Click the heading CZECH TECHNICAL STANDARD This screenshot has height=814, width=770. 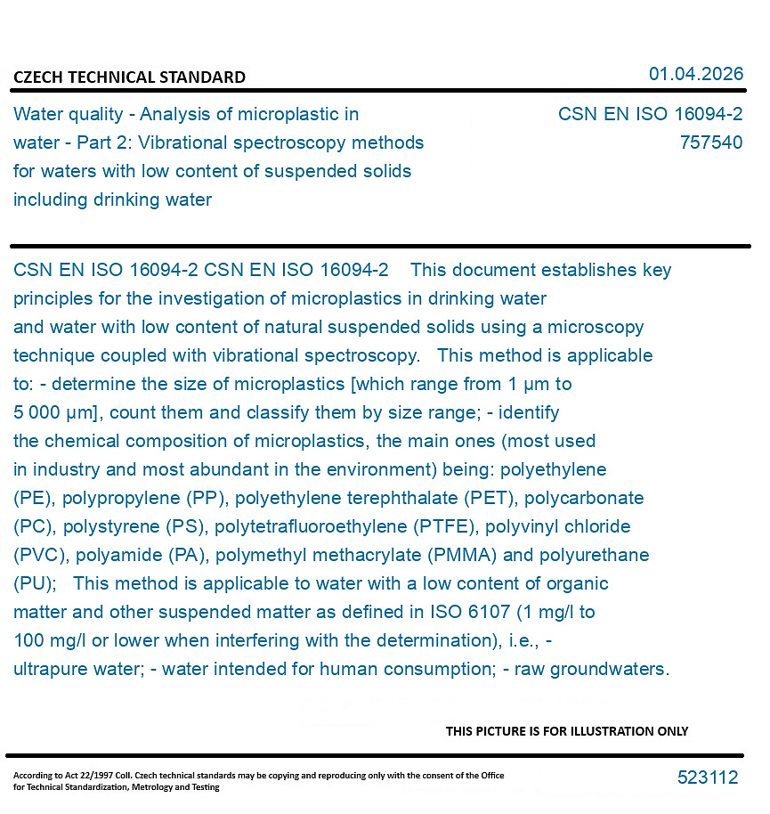point(129,77)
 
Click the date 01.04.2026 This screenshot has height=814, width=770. point(695,74)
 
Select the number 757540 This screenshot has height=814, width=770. point(710,142)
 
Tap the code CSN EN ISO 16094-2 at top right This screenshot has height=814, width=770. point(650,114)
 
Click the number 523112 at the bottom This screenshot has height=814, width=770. point(708,777)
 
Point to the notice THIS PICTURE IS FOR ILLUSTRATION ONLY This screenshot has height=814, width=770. point(567,731)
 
